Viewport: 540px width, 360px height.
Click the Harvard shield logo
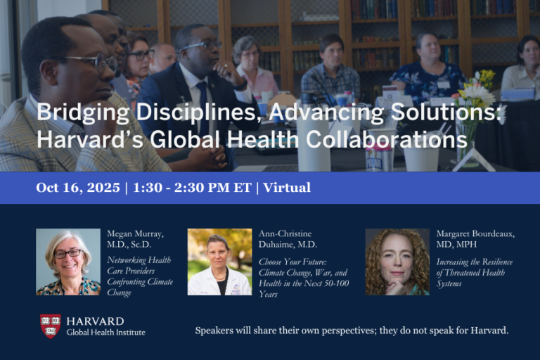(x=50, y=326)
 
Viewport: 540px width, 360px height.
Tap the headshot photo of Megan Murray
(x=68, y=262)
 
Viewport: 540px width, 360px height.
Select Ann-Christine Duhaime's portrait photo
(x=219, y=262)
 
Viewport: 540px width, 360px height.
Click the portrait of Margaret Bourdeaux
(x=397, y=262)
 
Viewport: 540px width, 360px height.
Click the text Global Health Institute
(x=105, y=332)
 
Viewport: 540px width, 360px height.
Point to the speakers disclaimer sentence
(x=352, y=330)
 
